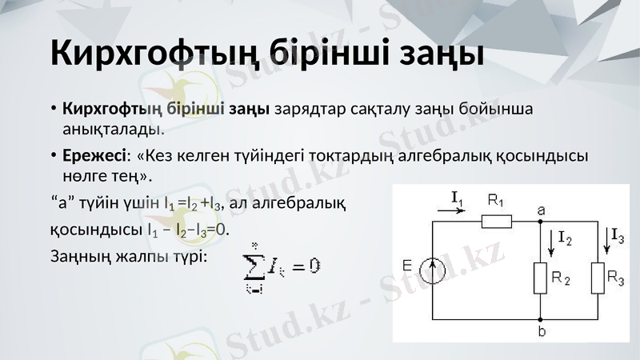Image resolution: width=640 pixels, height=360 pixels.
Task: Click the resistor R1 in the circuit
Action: pos(496,221)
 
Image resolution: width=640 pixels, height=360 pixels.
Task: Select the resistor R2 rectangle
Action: pos(540,278)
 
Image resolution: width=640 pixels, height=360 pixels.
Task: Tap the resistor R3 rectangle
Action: pos(598,278)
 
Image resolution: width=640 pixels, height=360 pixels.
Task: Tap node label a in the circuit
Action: pos(542,210)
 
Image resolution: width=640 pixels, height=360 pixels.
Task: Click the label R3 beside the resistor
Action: pos(616,278)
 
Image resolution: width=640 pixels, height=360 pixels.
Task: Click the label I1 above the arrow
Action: pos(458,197)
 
